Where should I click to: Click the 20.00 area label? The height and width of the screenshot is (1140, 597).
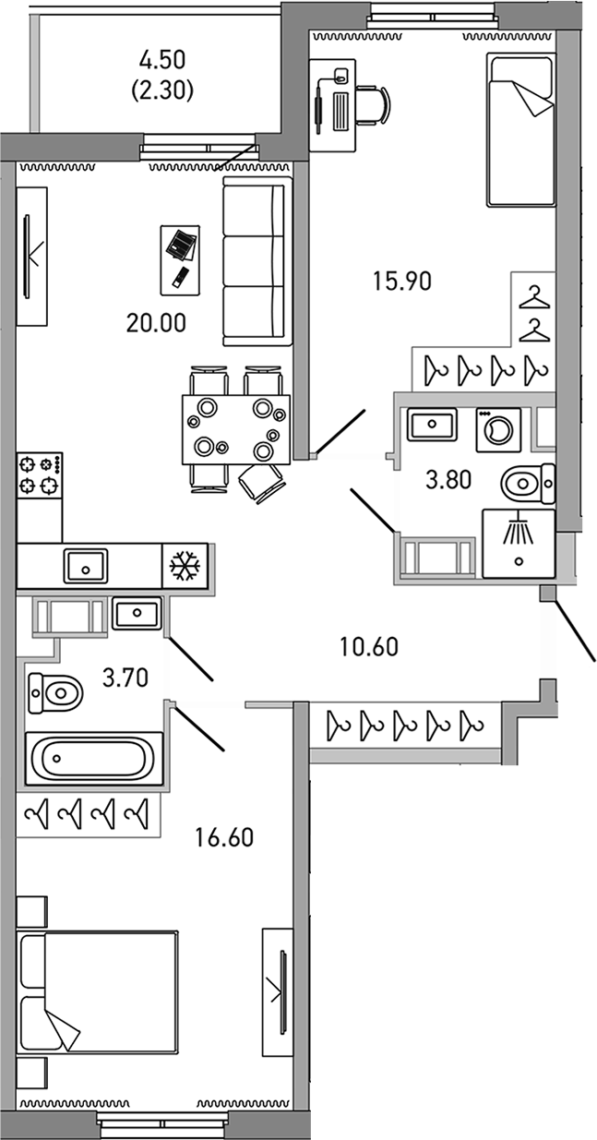(x=156, y=323)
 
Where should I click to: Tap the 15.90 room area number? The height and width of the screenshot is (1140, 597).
(x=401, y=281)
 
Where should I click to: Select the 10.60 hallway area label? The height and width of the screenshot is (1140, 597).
(x=369, y=647)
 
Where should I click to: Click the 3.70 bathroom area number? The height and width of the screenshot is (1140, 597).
(x=125, y=678)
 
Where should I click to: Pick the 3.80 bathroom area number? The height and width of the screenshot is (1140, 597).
(x=448, y=479)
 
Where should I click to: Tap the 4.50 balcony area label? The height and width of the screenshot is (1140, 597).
(x=162, y=60)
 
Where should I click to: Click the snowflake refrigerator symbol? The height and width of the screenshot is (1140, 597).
(x=185, y=566)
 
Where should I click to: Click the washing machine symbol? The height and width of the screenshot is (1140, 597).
(x=498, y=429)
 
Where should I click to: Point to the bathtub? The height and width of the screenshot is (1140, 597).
(x=93, y=759)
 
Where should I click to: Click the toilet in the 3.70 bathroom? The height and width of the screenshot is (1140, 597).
(x=55, y=692)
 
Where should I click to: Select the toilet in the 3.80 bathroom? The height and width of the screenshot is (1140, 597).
(x=528, y=484)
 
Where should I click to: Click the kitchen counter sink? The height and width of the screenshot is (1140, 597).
(x=86, y=566)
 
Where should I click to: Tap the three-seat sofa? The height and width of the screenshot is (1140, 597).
(x=257, y=261)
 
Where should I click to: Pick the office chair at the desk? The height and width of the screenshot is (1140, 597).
(x=372, y=105)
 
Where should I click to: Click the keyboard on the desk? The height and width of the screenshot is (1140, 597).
(x=340, y=111)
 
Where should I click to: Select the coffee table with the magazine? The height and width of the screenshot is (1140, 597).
(x=181, y=260)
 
